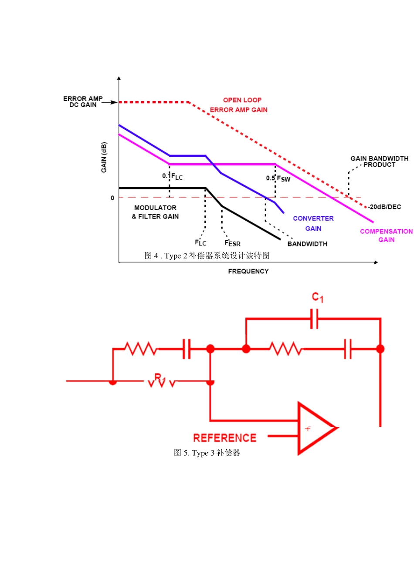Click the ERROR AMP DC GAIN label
click(x=83, y=102)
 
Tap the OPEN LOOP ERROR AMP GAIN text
click(x=239, y=105)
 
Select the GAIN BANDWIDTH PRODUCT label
click(x=379, y=161)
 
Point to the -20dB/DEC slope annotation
click(x=384, y=207)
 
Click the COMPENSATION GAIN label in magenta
click(x=386, y=235)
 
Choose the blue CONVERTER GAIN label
click(x=313, y=223)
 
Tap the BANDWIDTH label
click(x=307, y=244)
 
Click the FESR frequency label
click(x=233, y=243)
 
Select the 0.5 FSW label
click(x=278, y=178)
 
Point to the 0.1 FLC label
click(x=172, y=177)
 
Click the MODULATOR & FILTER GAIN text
click(x=155, y=212)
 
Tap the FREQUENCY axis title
click(x=248, y=271)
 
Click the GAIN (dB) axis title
click(x=104, y=157)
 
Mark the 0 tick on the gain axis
click(x=112, y=198)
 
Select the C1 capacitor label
click(x=318, y=297)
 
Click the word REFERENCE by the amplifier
click(x=225, y=438)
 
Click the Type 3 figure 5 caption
click(x=207, y=453)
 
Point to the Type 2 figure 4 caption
click(x=207, y=256)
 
